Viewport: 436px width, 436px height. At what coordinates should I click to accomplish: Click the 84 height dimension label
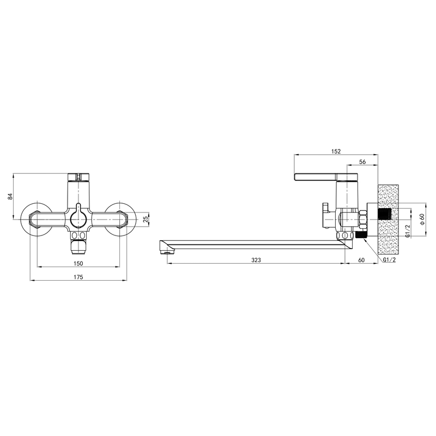(10, 196)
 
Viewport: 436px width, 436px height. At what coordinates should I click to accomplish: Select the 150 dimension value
(78, 263)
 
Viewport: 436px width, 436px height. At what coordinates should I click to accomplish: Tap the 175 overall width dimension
(78, 277)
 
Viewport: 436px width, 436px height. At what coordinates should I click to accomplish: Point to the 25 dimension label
(145, 220)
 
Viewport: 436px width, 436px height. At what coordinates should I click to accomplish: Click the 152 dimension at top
(336, 152)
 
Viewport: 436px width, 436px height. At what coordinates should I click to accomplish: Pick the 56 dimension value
(362, 162)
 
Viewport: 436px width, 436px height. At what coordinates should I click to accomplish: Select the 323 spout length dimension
(256, 260)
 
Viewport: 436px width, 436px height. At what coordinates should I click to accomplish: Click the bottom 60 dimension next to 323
(361, 260)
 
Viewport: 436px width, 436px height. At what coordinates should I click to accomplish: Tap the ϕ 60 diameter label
(422, 219)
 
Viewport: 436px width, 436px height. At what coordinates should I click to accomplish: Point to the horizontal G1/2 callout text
(389, 260)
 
